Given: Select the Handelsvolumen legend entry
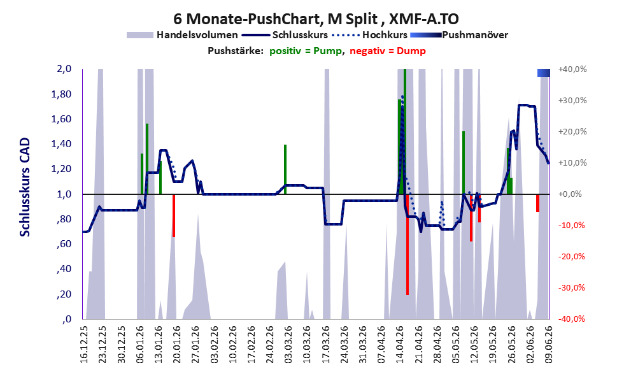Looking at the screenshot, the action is coord(182,35).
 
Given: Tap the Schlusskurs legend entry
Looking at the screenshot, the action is coord(286,35).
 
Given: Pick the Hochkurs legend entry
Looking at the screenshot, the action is coord(370,35).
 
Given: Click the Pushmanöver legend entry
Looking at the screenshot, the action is coord(459,35).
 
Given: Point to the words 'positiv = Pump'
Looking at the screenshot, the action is coord(306,51).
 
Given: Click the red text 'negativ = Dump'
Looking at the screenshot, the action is coord(388,51).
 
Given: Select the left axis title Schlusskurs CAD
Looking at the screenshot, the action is coord(25,187).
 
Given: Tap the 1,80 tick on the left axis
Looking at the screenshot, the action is coord(62,94).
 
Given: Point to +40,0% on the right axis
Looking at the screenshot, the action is coord(572,69).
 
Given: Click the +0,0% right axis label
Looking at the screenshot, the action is coord(571,194).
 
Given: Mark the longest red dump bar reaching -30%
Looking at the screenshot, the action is coord(408,245).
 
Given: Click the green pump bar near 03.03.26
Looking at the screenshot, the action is coord(285,169).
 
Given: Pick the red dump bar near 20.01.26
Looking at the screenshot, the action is coord(174,215).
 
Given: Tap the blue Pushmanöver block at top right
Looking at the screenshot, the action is coord(544,73).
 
